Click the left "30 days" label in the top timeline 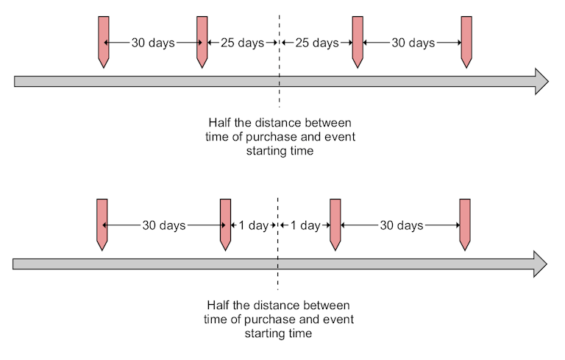click(153, 43)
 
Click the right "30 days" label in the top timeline click(413, 43)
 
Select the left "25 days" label click(242, 43)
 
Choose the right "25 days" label click(317, 43)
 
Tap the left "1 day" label click(254, 226)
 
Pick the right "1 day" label click(305, 226)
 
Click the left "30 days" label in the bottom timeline click(164, 226)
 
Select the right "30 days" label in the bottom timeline click(401, 226)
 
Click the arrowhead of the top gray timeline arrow click(541, 81)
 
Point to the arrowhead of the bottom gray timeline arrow click(539, 264)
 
